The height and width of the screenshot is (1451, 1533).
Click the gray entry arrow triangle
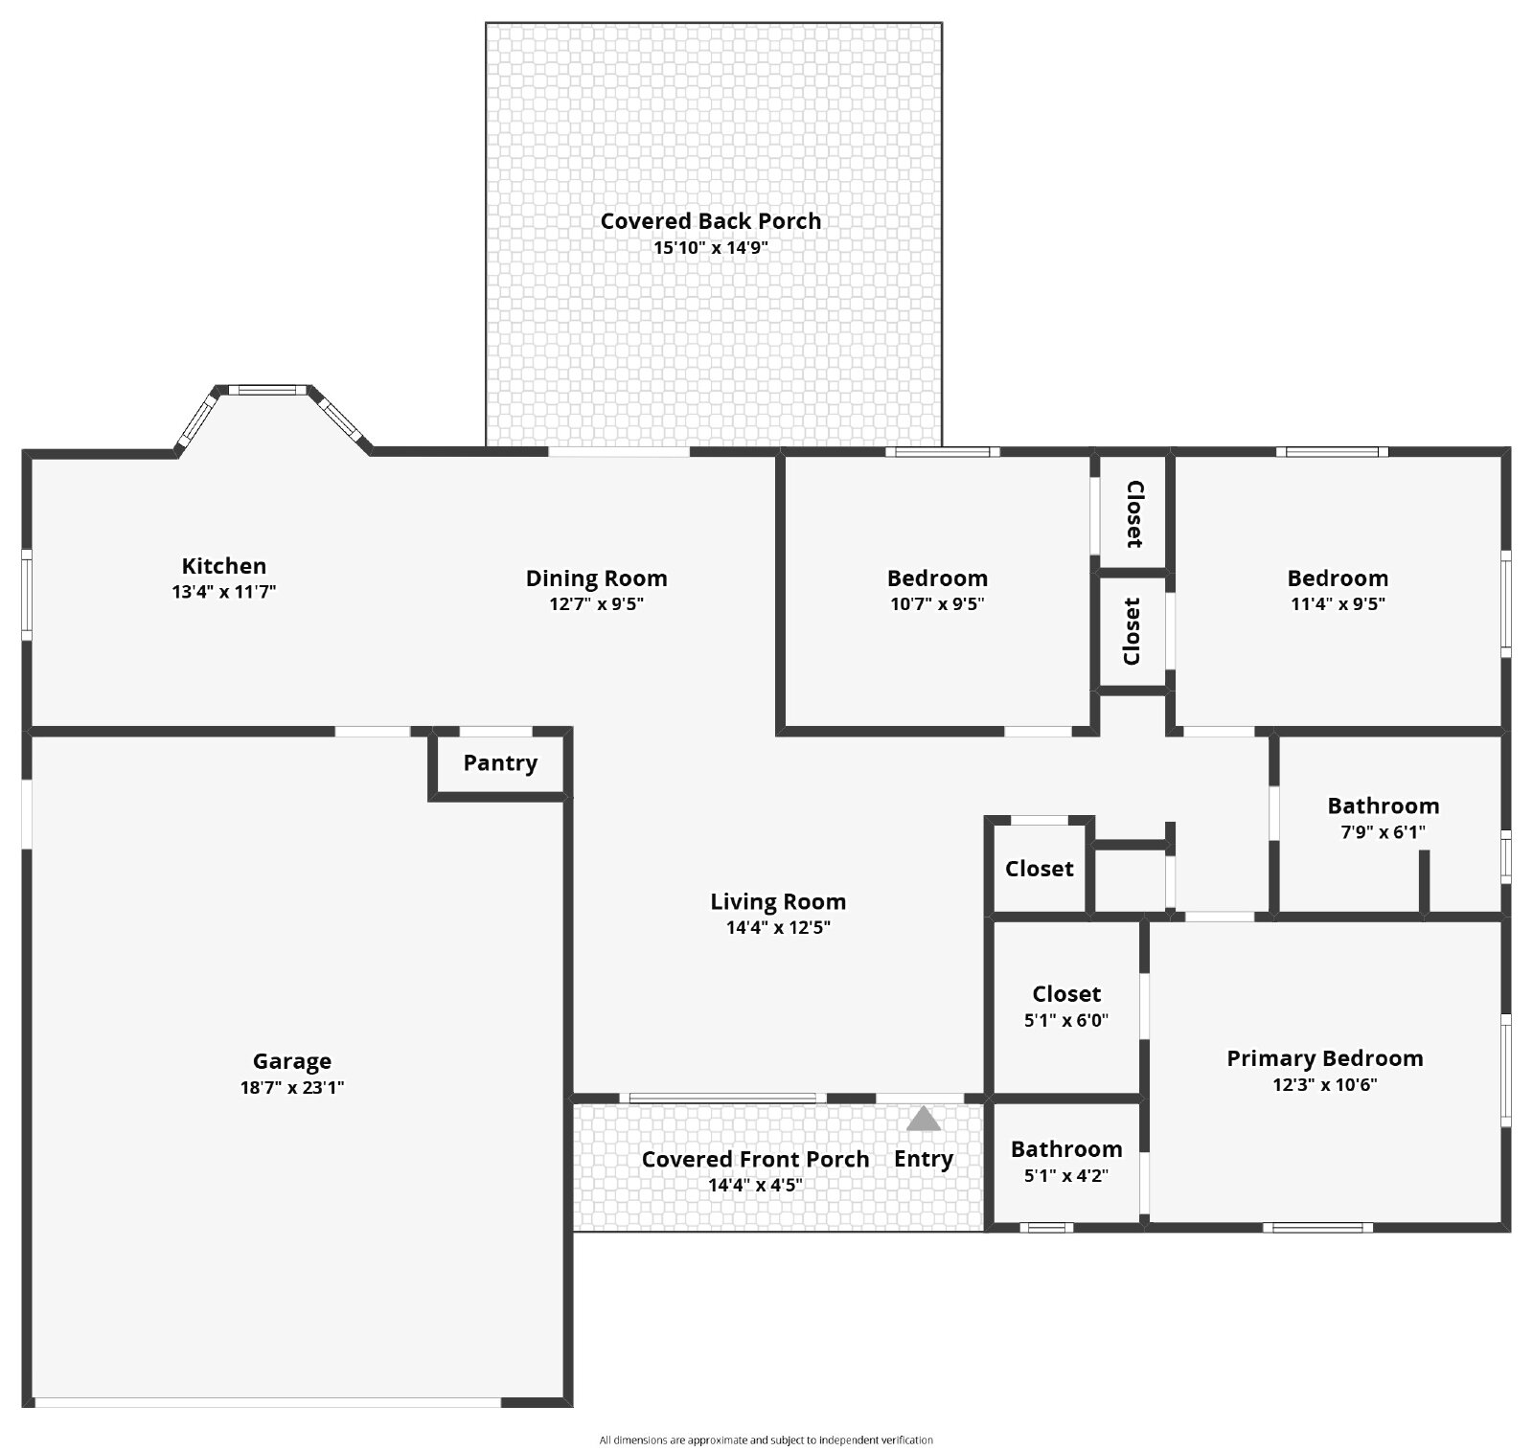(924, 1119)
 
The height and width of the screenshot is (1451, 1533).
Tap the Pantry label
(500, 763)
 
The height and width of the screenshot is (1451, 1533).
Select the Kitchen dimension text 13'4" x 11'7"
(224, 592)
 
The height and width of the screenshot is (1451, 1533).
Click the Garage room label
(292, 1061)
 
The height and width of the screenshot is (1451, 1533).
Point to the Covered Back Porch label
(711, 221)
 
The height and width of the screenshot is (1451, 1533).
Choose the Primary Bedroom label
(1325, 1058)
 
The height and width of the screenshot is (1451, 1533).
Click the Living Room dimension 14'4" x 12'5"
(778, 927)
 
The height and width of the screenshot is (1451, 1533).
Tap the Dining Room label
(597, 578)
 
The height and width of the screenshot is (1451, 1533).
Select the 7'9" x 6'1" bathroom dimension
(1383, 832)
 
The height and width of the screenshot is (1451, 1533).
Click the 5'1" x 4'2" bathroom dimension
(1066, 1175)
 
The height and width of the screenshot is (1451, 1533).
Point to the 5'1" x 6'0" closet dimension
(1066, 1020)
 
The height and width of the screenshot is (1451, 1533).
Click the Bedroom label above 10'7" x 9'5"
(937, 578)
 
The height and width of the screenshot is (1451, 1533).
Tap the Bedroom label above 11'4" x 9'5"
(1338, 578)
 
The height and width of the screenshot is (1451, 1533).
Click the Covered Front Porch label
(756, 1159)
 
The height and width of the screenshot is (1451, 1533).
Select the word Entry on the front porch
(924, 1159)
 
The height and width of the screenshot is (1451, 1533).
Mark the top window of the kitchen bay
(267, 390)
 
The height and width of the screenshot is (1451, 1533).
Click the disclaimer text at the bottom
(766, 1440)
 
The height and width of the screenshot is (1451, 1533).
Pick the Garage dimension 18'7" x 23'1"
(292, 1087)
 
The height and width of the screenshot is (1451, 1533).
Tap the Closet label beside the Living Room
(1040, 869)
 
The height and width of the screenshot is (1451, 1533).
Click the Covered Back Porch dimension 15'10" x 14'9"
(711, 247)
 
